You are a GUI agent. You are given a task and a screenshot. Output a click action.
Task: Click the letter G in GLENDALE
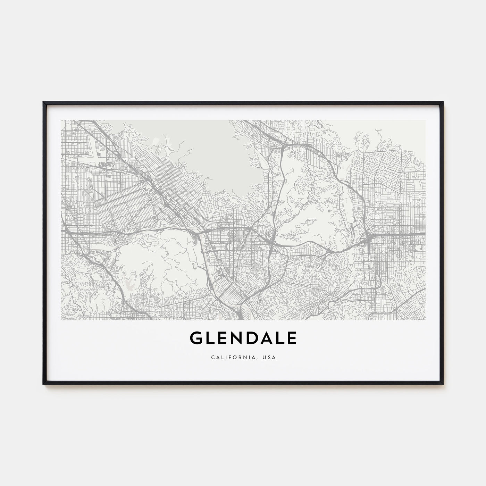click(x=197, y=338)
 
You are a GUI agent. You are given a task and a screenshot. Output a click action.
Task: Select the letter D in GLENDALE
click(x=252, y=338)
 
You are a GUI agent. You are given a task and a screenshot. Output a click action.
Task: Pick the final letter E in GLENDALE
click(x=292, y=338)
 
